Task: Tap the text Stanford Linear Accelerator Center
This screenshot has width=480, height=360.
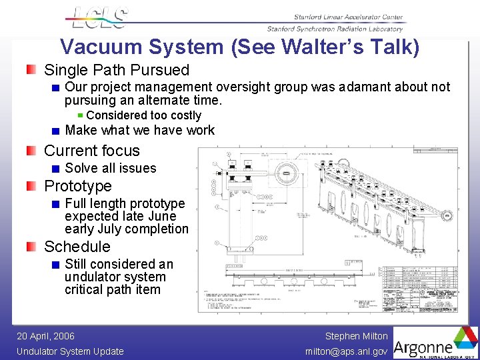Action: [x=348, y=17]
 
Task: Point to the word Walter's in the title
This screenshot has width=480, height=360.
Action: [x=315, y=47]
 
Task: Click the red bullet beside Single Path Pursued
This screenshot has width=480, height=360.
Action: [x=31, y=70]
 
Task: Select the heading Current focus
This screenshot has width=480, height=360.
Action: [x=91, y=151]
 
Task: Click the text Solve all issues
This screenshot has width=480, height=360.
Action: [x=110, y=168]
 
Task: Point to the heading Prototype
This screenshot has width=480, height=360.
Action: [x=77, y=186]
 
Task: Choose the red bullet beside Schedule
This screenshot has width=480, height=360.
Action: [x=31, y=247]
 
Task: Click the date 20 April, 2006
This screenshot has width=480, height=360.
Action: [x=45, y=337]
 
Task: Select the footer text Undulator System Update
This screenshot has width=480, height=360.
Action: [x=70, y=351]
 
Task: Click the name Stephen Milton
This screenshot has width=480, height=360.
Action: [x=356, y=337]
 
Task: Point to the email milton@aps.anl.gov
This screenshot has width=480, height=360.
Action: [x=346, y=351]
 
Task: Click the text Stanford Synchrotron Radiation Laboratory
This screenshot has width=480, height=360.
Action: [x=335, y=29]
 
